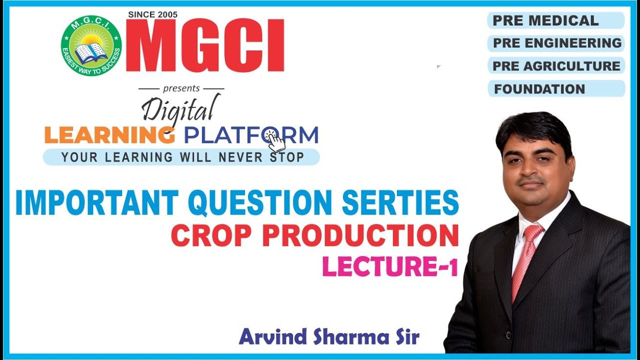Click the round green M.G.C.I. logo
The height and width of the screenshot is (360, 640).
click(x=91, y=46)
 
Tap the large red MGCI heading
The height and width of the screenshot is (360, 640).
click(x=205, y=46)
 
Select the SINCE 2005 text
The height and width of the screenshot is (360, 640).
click(x=152, y=14)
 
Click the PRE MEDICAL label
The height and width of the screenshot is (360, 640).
click(x=545, y=20)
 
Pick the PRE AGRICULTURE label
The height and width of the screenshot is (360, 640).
click(x=556, y=66)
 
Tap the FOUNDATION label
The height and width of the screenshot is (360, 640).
click(x=539, y=89)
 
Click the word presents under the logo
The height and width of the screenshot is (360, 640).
click(x=181, y=88)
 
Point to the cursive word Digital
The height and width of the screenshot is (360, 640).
click(x=181, y=109)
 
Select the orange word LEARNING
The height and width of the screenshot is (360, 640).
click(x=109, y=135)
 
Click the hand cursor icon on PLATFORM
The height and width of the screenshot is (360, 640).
click(x=274, y=140)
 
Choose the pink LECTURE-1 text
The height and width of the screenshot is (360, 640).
click(x=390, y=266)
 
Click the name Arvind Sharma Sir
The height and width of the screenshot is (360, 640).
click(x=329, y=336)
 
